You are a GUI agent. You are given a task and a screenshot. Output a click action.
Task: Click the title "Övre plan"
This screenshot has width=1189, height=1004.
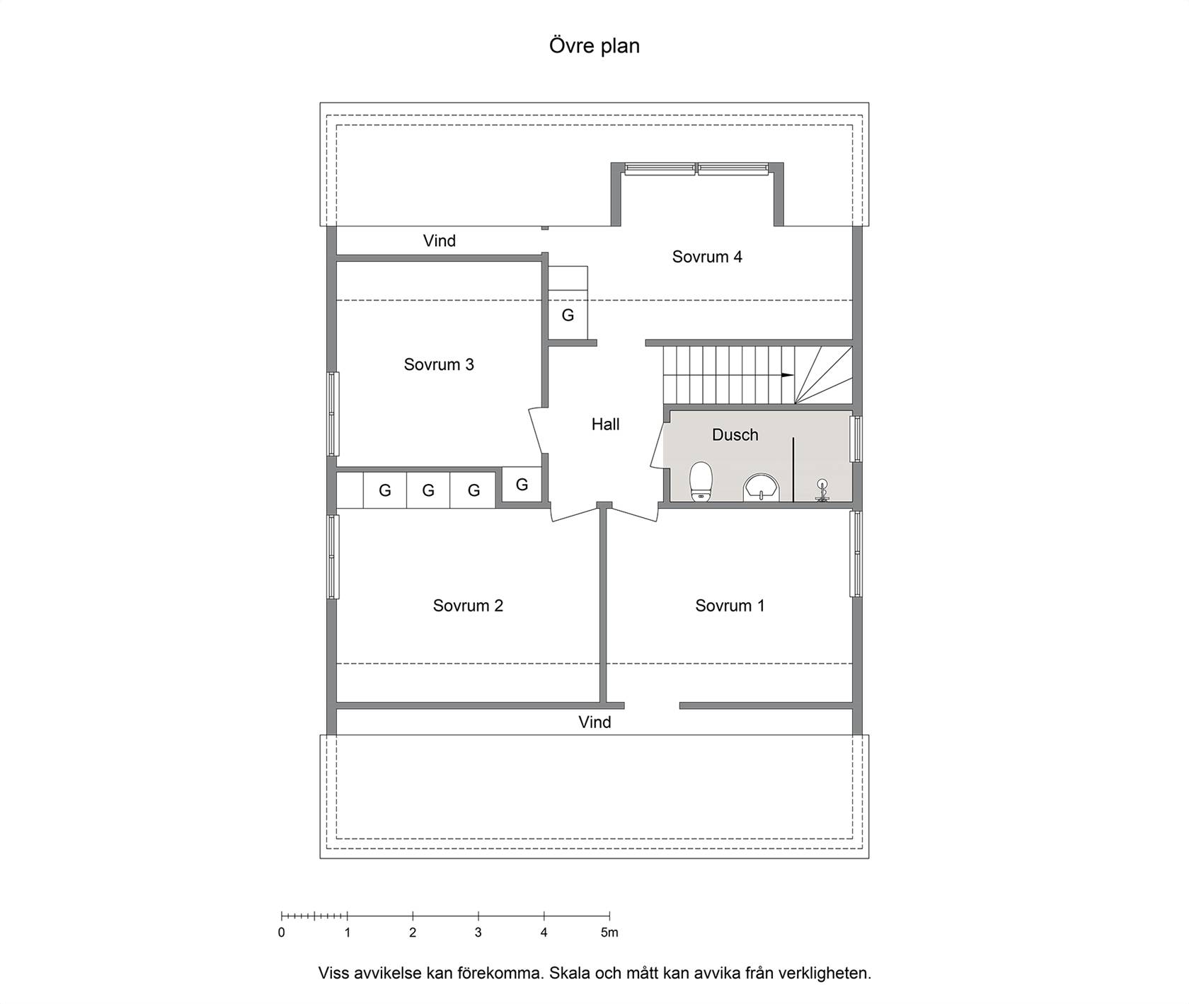594,46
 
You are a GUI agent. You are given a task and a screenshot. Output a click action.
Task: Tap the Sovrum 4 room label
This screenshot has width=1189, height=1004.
707,257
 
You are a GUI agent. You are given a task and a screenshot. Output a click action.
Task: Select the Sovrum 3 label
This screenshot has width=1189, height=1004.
439,364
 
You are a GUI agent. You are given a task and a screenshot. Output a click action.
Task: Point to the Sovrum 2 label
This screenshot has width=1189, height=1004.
468,606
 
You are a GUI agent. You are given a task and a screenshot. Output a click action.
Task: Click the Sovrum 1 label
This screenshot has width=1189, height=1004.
730,606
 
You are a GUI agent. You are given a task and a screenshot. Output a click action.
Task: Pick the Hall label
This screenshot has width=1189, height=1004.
606,424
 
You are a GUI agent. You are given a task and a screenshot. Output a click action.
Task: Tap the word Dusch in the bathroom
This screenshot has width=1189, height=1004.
735,434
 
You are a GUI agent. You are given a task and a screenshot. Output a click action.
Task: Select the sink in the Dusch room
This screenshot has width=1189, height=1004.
761,487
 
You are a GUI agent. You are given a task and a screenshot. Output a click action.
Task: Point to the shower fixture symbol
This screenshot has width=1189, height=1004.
822,490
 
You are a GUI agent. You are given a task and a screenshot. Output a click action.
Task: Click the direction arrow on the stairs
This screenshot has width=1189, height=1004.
788,375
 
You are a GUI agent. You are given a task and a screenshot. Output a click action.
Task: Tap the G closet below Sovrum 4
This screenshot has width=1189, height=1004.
568,315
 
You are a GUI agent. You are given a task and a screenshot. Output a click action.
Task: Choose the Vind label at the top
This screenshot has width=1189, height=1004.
440,241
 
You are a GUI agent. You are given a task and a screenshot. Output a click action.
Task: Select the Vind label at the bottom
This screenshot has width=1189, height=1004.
594,722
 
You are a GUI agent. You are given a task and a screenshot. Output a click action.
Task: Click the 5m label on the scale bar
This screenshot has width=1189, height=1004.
609,933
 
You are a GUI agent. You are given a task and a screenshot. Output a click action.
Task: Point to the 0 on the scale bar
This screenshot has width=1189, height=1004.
282,933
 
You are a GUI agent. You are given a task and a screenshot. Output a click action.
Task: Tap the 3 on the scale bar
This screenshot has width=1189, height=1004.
478,933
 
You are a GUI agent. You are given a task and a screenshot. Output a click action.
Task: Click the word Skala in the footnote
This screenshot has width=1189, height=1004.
568,973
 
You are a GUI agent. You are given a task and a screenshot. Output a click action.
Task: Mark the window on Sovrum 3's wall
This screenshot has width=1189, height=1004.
333,414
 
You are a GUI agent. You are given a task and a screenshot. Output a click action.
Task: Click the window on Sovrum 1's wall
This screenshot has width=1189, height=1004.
856,554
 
